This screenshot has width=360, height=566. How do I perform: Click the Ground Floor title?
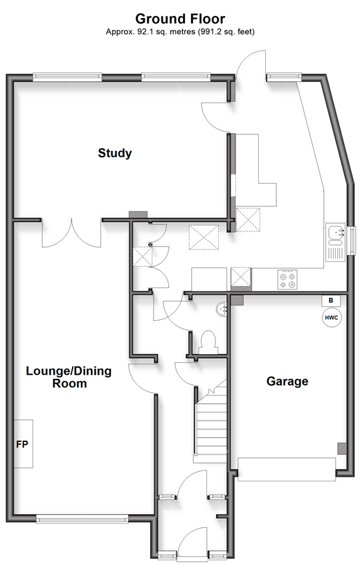180,19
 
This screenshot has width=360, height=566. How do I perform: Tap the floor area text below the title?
180,32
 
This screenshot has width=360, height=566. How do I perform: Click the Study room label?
115,153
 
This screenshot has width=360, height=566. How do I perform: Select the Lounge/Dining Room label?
69,377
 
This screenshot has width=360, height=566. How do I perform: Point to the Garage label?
287,381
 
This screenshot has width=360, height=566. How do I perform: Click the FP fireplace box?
24,443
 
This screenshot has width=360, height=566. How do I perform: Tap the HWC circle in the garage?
332,318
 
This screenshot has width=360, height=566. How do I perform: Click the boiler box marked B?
331,301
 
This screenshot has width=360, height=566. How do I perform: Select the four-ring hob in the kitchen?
287,280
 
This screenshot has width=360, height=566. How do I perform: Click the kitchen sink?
336,242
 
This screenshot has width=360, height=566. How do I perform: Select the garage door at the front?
287,469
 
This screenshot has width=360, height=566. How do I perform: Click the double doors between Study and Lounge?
71,233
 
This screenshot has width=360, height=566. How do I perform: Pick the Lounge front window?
82,520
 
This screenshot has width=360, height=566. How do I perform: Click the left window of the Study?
67,76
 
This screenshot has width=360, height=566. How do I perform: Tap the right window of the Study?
176,76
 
